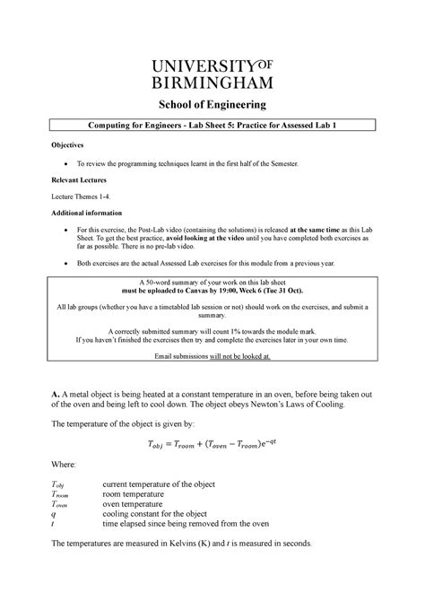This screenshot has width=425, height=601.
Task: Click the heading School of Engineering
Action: (x=212, y=105)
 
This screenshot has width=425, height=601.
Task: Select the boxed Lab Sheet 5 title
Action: (x=212, y=128)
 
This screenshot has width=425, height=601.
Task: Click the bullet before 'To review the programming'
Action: (x=68, y=166)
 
